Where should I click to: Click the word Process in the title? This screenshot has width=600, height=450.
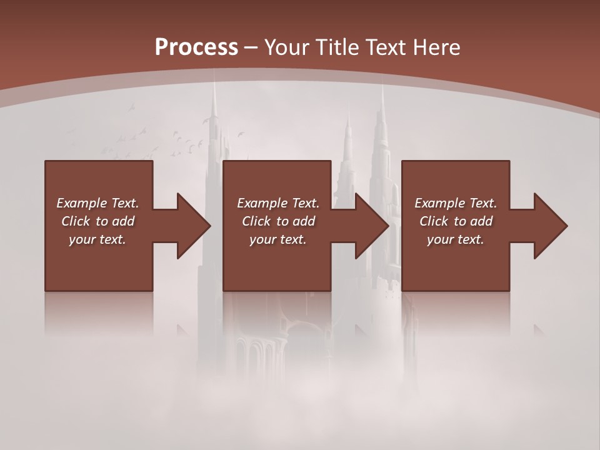click(x=196, y=47)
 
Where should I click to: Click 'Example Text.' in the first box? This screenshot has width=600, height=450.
click(x=97, y=203)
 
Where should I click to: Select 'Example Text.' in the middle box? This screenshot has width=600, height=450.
click(x=278, y=203)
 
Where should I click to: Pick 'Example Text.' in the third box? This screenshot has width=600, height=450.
click(x=456, y=203)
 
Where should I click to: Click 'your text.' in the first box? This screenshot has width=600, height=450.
click(x=97, y=239)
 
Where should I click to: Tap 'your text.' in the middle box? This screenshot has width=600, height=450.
click(x=278, y=239)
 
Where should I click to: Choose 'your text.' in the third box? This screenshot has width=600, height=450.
click(x=456, y=239)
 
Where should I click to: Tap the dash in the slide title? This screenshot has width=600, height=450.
click(x=251, y=47)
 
